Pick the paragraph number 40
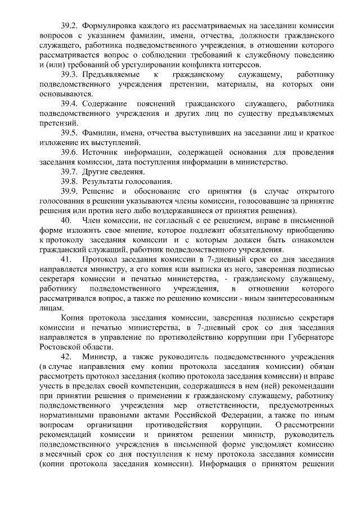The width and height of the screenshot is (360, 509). pos(66,220)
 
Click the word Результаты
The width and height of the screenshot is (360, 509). pos(105,182)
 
